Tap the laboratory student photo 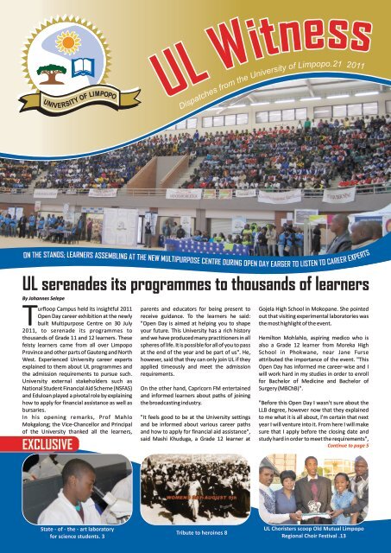click(65, 488)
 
